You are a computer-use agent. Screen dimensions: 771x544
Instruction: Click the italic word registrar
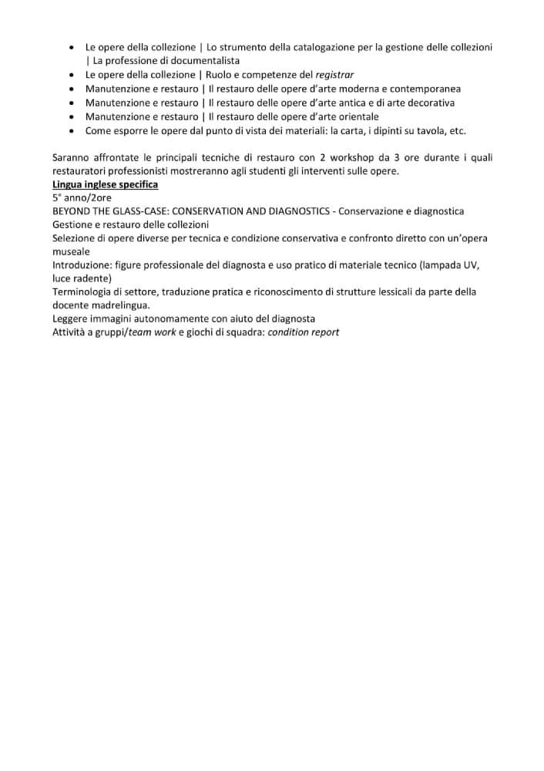coord(335,75)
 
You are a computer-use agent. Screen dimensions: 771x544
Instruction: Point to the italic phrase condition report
coord(304,332)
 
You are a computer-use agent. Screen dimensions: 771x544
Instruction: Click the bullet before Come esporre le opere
coord(72,130)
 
